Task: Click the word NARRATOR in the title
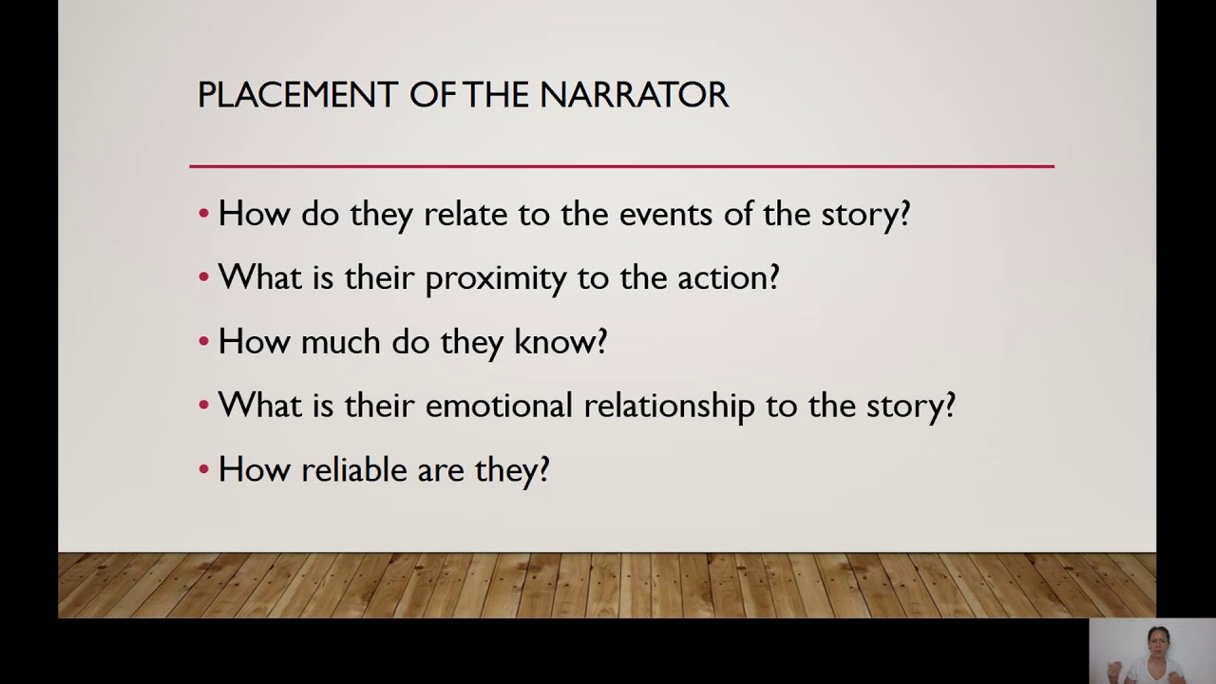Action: (x=634, y=95)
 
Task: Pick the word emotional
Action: (x=499, y=406)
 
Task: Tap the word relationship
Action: (x=669, y=407)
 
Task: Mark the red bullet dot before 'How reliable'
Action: (x=204, y=470)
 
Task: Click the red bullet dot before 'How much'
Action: (x=204, y=342)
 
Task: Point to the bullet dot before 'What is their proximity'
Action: (x=204, y=278)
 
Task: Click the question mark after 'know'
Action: (x=601, y=342)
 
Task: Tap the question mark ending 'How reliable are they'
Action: (x=543, y=469)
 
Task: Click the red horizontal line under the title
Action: (x=621, y=166)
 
